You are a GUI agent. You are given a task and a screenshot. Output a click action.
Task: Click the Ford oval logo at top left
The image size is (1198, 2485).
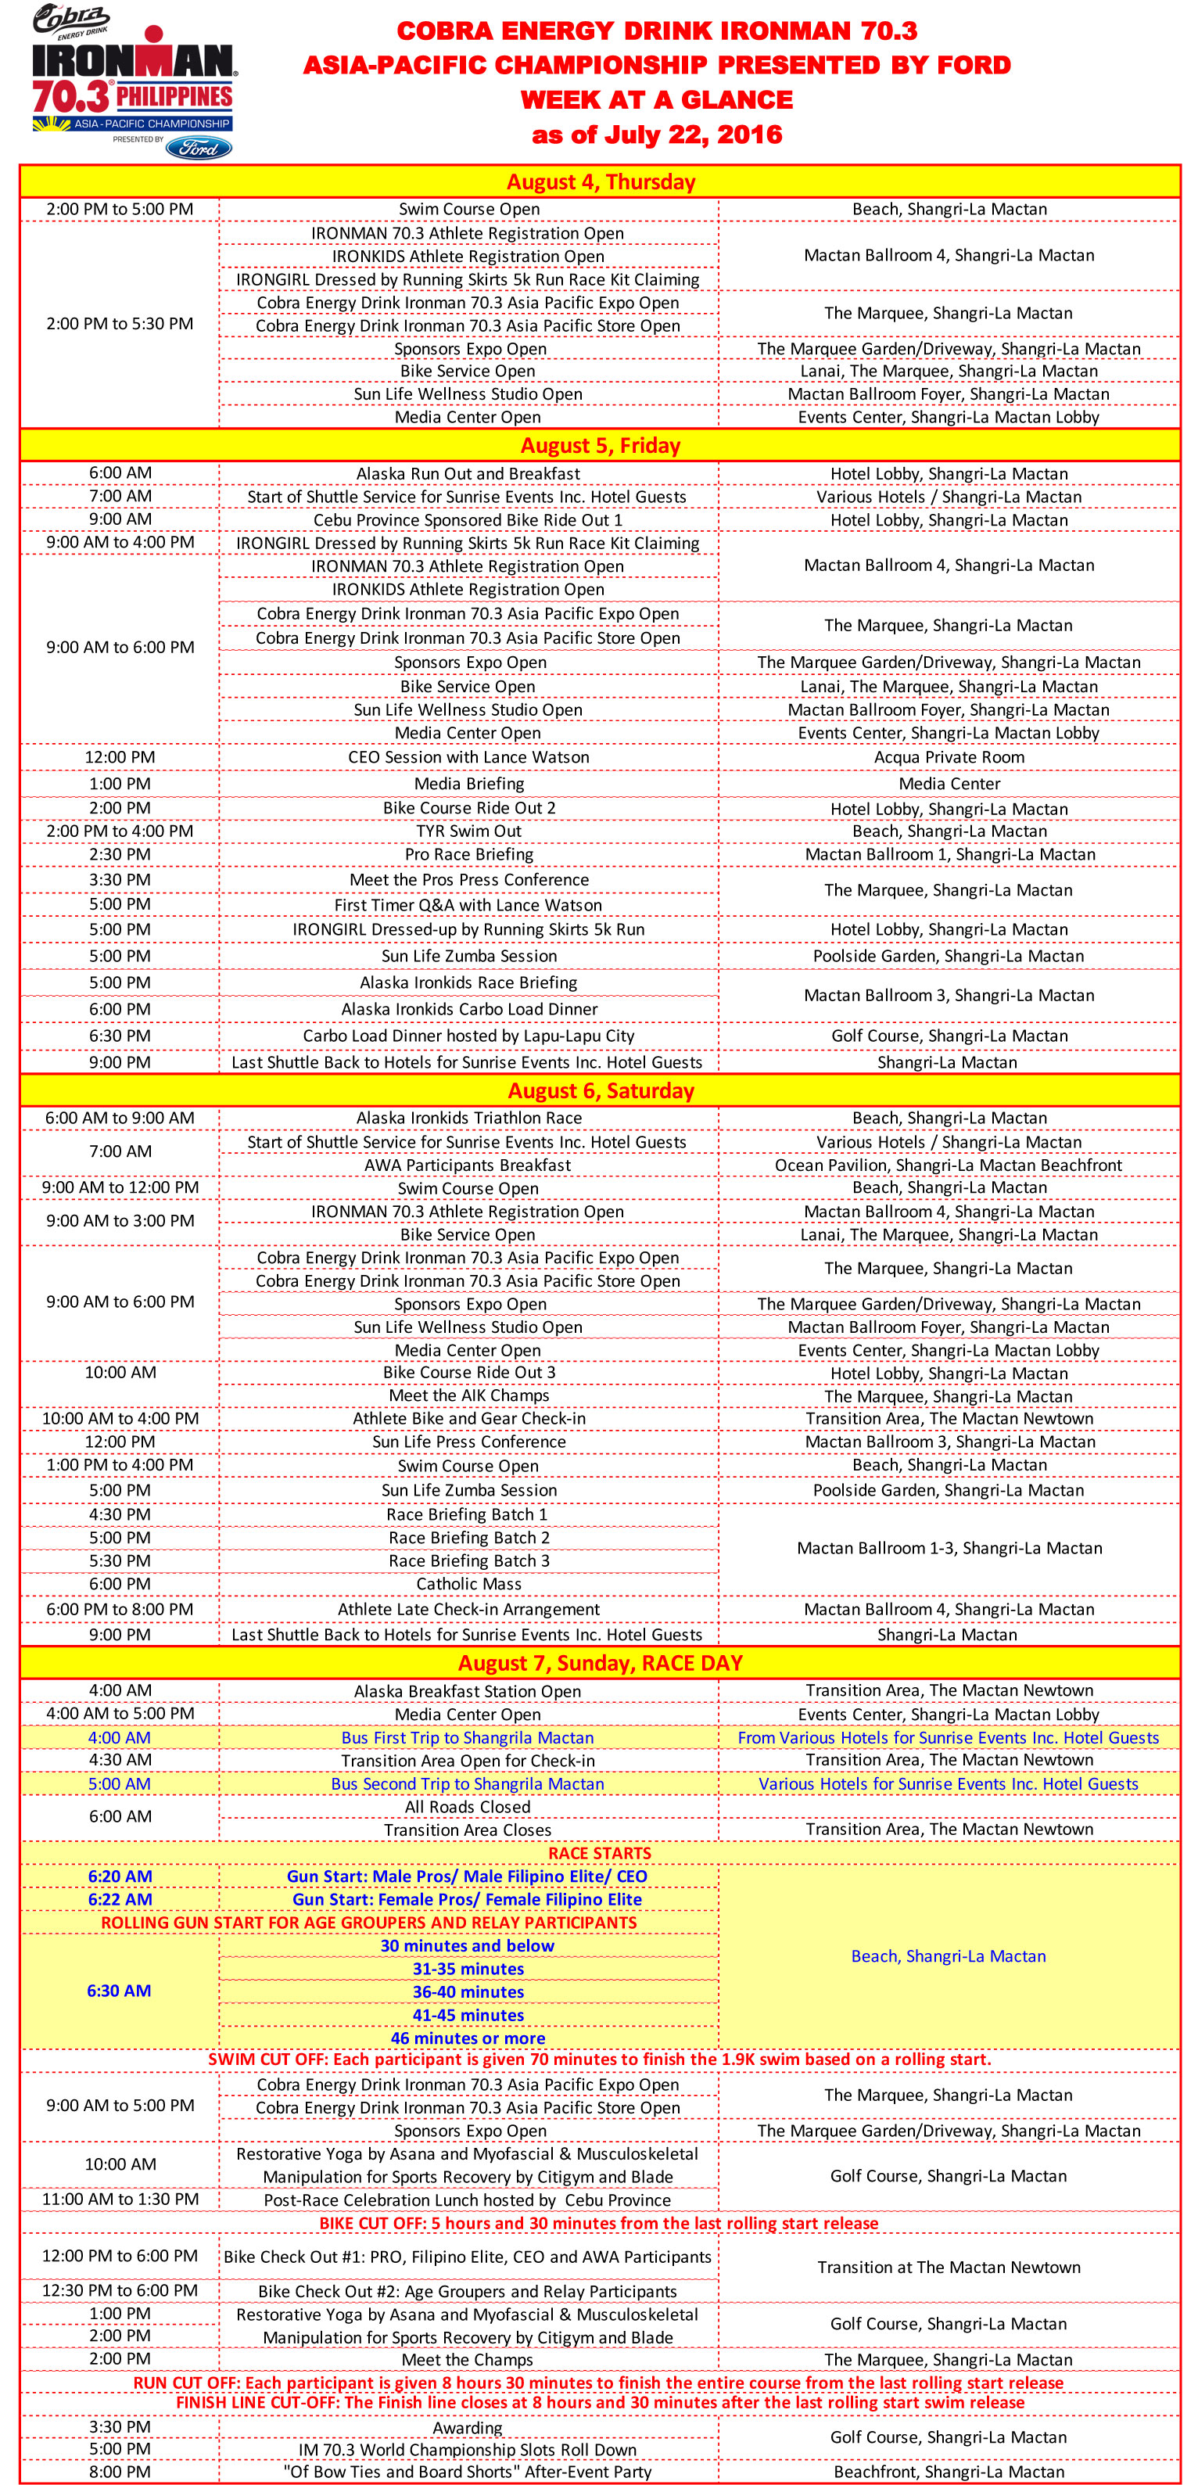(198, 148)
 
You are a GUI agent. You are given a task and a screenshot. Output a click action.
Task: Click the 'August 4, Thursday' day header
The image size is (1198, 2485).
(600, 181)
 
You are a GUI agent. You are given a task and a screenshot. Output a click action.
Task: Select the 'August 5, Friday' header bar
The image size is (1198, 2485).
(600, 446)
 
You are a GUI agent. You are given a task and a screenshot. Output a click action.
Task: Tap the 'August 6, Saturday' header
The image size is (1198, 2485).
(600, 1091)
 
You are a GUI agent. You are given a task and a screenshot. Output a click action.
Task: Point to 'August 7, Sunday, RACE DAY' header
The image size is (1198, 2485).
(600, 1663)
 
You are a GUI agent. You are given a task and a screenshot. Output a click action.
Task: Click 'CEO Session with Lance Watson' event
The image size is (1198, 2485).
(468, 757)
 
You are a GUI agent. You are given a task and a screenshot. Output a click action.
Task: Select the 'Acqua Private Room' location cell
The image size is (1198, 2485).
(949, 757)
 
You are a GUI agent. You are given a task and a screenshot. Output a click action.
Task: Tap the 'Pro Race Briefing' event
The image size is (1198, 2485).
(468, 855)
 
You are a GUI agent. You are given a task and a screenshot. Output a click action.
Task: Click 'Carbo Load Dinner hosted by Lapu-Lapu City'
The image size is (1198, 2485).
(468, 1036)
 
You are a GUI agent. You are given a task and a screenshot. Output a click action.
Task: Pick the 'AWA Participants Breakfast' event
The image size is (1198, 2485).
(468, 1165)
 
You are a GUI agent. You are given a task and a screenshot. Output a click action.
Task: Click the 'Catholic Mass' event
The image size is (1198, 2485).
(468, 1584)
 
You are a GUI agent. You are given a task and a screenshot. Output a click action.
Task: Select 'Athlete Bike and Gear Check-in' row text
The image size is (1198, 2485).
(468, 1419)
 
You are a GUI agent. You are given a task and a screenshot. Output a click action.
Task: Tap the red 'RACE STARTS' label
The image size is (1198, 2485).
(600, 1853)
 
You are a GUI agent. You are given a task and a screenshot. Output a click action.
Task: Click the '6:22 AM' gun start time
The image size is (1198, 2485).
(120, 1899)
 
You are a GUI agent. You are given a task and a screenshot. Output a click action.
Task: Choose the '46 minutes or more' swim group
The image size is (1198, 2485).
(468, 2038)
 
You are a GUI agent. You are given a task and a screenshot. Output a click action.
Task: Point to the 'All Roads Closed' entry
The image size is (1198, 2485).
(468, 1807)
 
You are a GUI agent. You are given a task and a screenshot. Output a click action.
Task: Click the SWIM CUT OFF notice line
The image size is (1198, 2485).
(600, 2059)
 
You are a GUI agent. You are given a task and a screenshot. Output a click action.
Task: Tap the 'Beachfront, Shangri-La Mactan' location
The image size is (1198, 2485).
(949, 2472)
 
